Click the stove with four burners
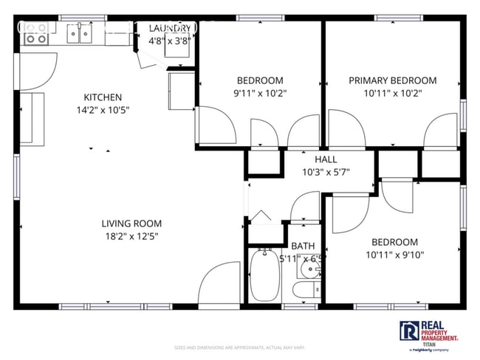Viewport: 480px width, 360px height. point(35,32)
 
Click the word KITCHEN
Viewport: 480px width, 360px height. point(103,97)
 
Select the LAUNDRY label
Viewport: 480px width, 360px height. point(171,28)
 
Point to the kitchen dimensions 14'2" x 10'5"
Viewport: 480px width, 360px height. point(103,110)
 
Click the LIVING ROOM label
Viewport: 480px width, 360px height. point(131,224)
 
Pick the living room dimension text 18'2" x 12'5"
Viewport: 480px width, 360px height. point(131,236)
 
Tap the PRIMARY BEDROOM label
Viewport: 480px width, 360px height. point(392,80)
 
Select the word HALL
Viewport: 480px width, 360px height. point(326,159)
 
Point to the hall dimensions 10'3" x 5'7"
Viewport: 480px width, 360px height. point(326,172)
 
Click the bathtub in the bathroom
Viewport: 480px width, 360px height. point(262,276)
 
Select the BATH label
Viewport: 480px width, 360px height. point(303,246)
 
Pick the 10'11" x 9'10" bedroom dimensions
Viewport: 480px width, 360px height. point(394,255)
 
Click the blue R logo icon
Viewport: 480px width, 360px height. point(408,330)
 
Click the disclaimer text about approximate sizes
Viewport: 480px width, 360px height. point(239,347)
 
